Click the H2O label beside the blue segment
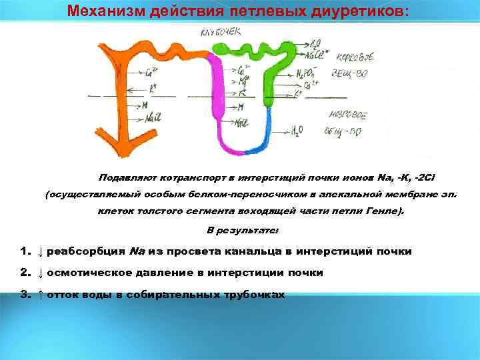click(297, 131)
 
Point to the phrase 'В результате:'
click(243, 230)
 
